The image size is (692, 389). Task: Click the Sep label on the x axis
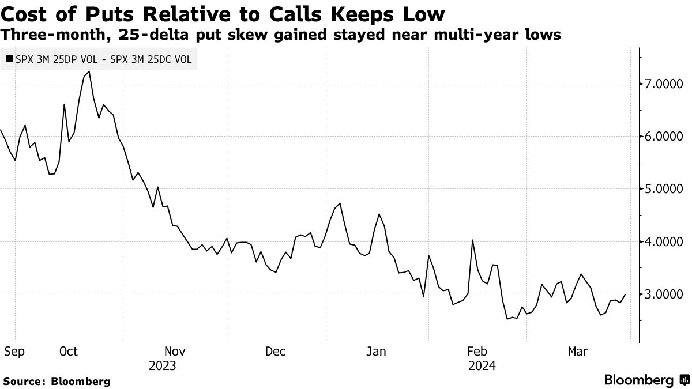14,352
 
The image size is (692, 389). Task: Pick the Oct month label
69,352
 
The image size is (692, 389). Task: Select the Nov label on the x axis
175,352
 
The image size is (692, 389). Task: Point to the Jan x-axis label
377,352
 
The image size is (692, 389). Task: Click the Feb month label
477,352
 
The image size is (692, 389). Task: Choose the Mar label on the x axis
578,352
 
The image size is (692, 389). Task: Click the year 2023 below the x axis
162,366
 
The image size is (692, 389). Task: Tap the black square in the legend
9,59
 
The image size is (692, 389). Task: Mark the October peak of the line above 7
89,71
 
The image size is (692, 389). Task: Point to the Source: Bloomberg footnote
57,381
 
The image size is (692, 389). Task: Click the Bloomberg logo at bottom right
645,380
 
